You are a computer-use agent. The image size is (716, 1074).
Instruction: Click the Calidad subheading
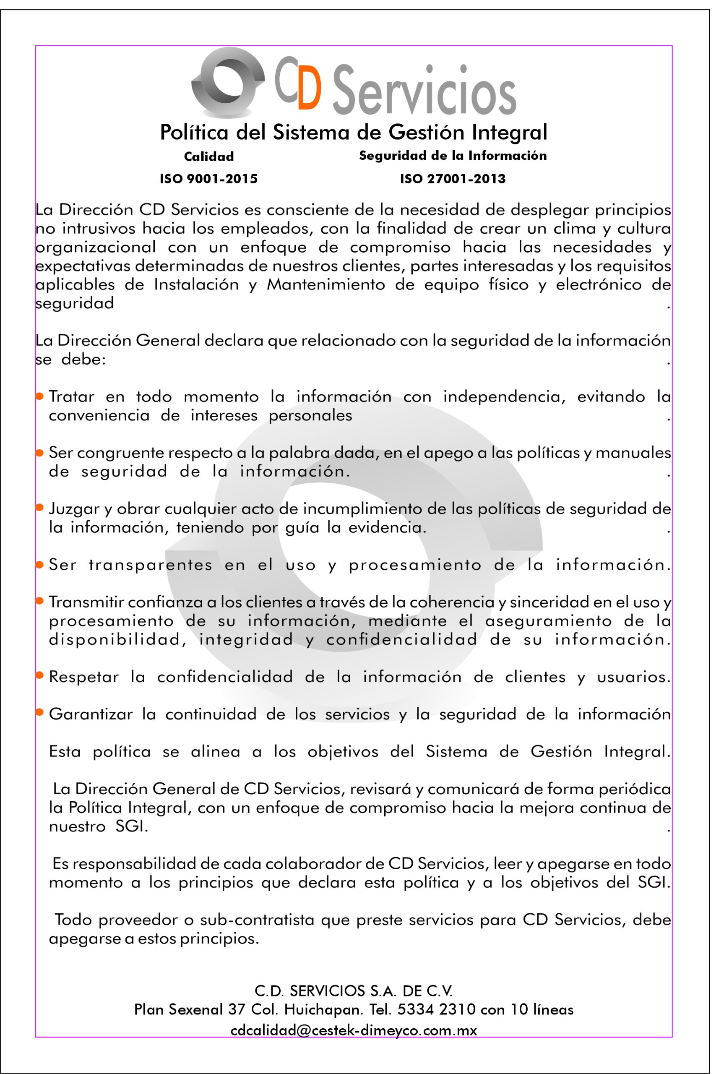pos(209,156)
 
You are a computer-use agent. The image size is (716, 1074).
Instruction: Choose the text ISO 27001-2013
pos(453,179)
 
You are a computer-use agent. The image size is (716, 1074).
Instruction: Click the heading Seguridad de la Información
pos(453,156)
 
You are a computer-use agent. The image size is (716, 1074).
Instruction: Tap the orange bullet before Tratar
pos(40,396)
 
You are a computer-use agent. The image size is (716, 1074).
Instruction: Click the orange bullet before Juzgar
pos(40,507)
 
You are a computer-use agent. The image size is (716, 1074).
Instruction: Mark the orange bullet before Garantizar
pos(40,712)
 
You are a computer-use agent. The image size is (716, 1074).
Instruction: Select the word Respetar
pos(83,677)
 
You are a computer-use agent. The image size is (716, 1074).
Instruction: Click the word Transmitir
pos(86,602)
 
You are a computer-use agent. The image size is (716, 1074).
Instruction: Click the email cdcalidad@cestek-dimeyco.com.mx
pos(354,1030)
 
